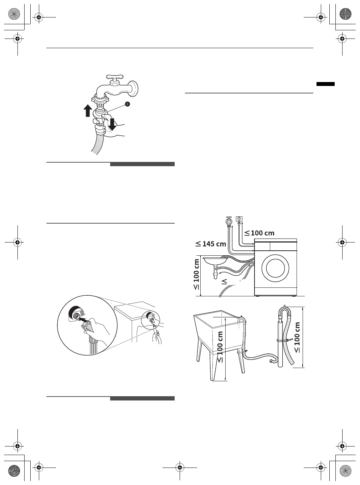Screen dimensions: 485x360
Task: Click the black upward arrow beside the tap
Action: point(87,110)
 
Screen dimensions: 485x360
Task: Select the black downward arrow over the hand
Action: point(112,124)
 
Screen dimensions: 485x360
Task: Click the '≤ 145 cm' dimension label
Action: point(211,244)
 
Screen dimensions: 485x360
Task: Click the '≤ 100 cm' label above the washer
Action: point(259,233)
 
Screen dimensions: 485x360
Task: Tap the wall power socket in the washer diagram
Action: point(240,219)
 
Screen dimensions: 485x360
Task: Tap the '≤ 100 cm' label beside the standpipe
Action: point(297,337)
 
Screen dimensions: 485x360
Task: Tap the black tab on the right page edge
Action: point(325,84)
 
